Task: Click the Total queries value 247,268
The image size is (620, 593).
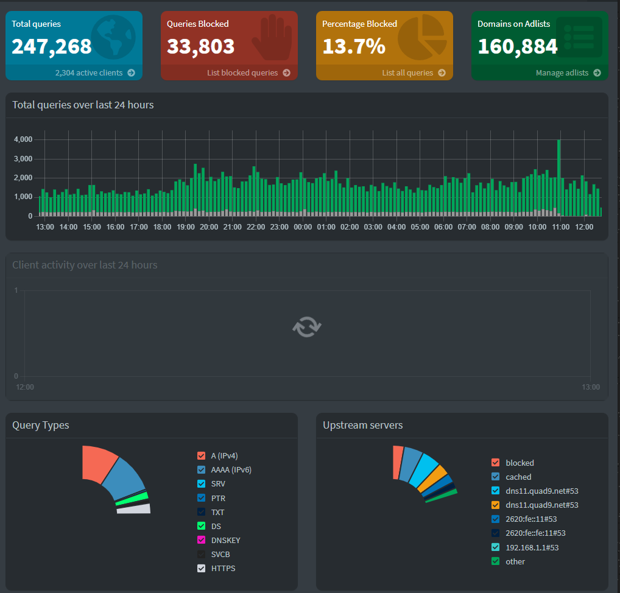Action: [52, 46]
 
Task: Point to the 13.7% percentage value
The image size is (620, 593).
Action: [354, 46]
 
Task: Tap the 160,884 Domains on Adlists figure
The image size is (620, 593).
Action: [518, 46]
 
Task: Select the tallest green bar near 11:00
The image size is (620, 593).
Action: [559, 177]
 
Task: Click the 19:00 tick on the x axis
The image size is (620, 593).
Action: [185, 227]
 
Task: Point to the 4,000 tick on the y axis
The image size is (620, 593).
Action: [23, 139]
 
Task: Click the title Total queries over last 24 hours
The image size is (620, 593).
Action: [83, 105]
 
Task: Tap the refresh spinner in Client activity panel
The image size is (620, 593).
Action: [306, 327]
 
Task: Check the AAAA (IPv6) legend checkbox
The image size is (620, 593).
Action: [202, 470]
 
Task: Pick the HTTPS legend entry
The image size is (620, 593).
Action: [223, 569]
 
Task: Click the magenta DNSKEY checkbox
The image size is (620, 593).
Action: [202, 541]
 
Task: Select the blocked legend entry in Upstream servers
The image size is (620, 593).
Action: [519, 463]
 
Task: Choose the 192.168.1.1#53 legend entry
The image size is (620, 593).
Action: [532, 547]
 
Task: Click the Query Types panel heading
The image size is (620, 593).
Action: [41, 425]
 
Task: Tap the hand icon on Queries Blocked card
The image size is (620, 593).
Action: [267, 37]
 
